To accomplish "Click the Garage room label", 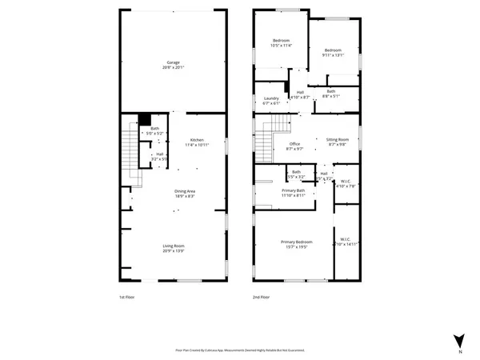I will coord(173,65).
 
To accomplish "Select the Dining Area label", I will coord(186,193).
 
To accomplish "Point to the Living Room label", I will coord(173,249).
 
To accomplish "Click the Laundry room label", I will coord(271,101).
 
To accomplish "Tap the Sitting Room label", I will coord(338,142).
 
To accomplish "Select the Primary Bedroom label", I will coord(295,244).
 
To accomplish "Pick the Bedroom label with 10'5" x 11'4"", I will coord(281,43).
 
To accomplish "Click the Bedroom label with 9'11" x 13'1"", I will coord(333,52).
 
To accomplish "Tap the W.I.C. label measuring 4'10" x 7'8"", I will coord(345,182).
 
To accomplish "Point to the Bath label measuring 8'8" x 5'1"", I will coord(331,93).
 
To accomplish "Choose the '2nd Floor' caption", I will coord(262,297).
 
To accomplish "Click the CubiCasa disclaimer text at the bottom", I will coord(239,350).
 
